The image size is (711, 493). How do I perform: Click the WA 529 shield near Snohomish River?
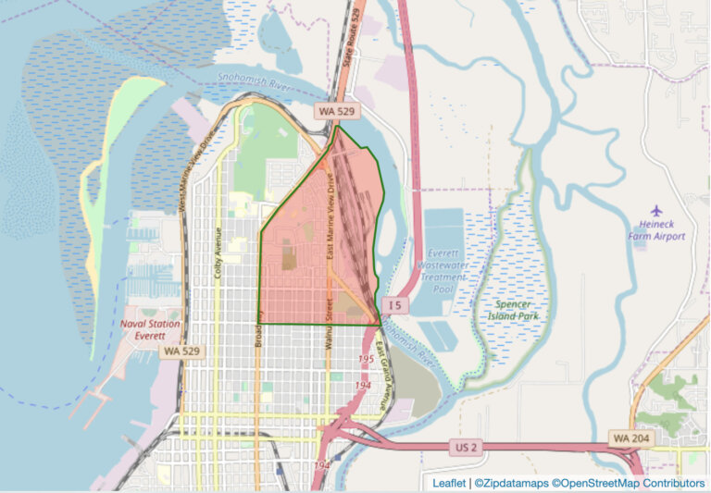[336, 110]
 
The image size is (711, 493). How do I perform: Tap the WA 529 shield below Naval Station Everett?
[179, 351]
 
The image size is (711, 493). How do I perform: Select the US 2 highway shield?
[466, 447]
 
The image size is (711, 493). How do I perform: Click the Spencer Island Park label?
[513, 309]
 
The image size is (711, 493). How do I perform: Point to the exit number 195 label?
[366, 359]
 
